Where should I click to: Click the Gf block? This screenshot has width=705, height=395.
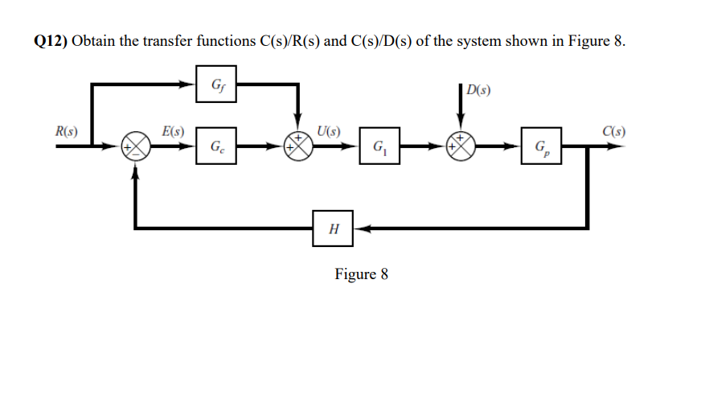pos(216,84)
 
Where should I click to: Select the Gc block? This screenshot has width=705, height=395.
pos(216,146)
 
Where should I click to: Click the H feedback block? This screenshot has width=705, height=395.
pos(333,229)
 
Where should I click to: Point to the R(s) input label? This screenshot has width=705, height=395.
pos(66,131)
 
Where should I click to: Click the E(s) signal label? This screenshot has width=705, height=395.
pos(173,131)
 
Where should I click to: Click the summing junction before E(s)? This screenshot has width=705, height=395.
pos(135,146)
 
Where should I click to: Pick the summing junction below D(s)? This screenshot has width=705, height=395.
pos(465,146)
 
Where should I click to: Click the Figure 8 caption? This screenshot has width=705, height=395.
pos(361,274)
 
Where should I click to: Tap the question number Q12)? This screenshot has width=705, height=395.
pos(51,42)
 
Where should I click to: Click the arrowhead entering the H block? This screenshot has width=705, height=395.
pos(359,229)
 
